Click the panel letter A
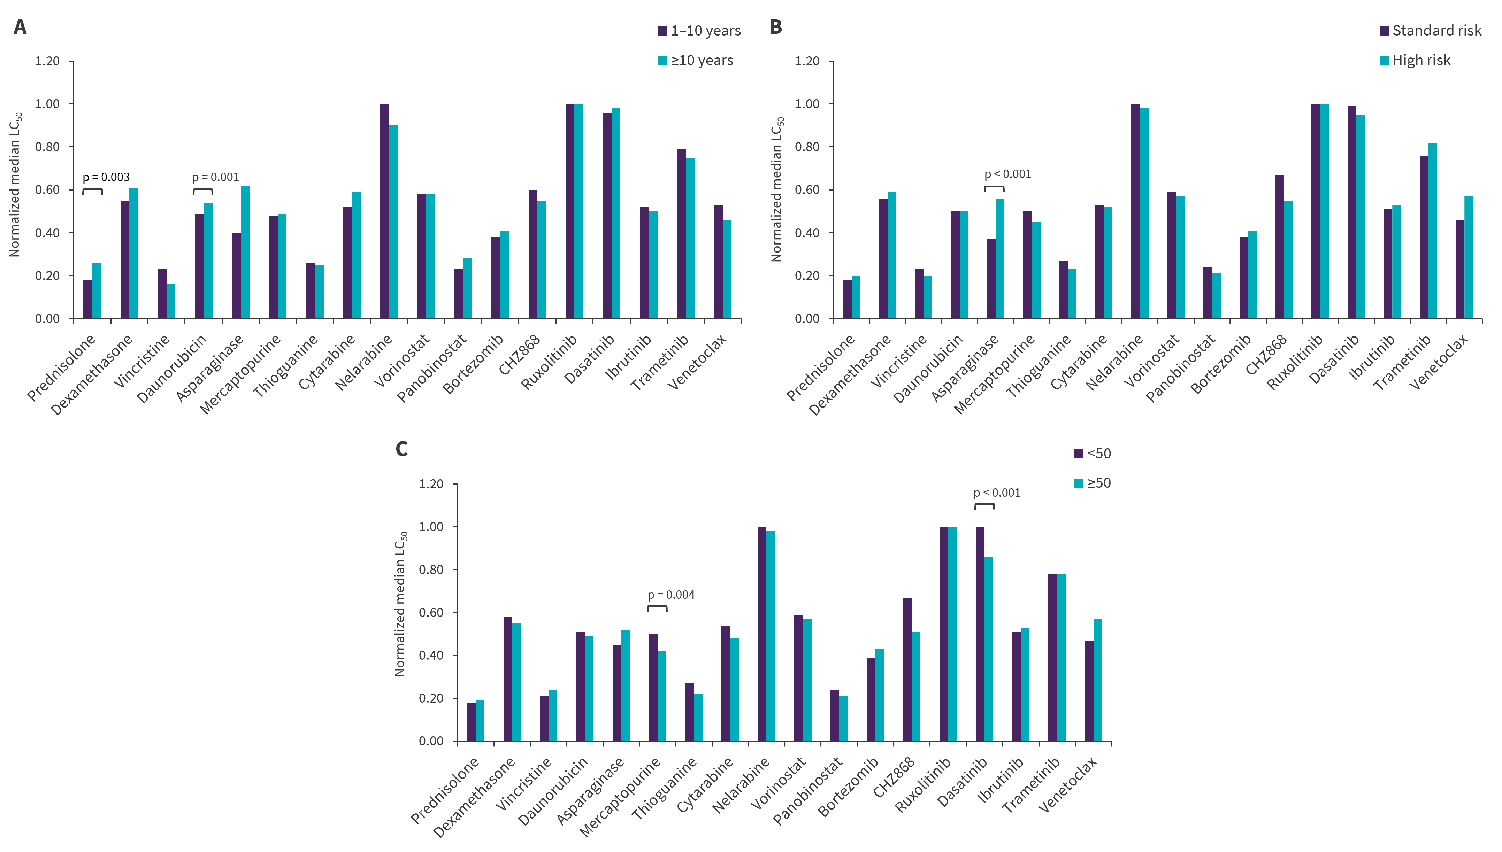point(20,27)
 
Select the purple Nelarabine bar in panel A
point(385,211)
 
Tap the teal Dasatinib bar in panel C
point(989,648)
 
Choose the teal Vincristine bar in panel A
point(171,301)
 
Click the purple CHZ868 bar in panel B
point(1280,246)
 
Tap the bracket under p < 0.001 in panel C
point(984,505)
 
